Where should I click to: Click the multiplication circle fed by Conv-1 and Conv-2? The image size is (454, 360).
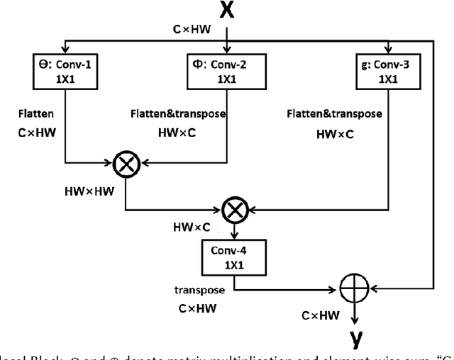pyautogui.click(x=126, y=164)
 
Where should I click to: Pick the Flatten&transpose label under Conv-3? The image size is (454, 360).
pyautogui.click(x=335, y=113)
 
